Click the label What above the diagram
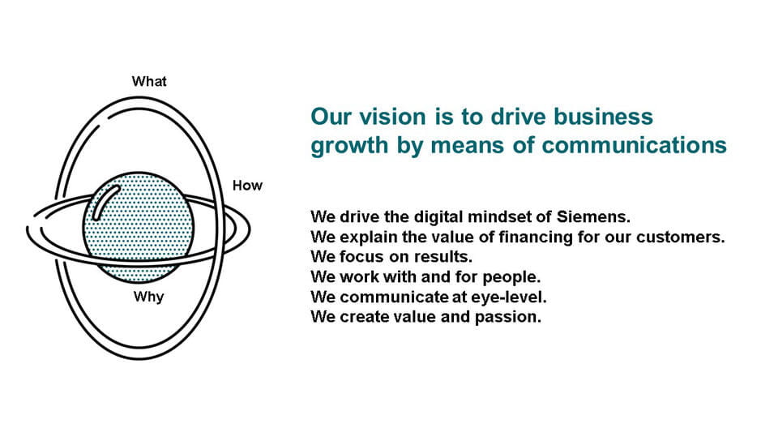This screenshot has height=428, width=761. point(149,81)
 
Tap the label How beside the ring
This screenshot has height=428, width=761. point(247,186)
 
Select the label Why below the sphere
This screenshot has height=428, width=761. point(148,297)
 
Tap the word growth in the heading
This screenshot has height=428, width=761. point(349,146)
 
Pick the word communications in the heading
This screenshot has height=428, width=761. point(634,145)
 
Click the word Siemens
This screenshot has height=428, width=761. point(593,216)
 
